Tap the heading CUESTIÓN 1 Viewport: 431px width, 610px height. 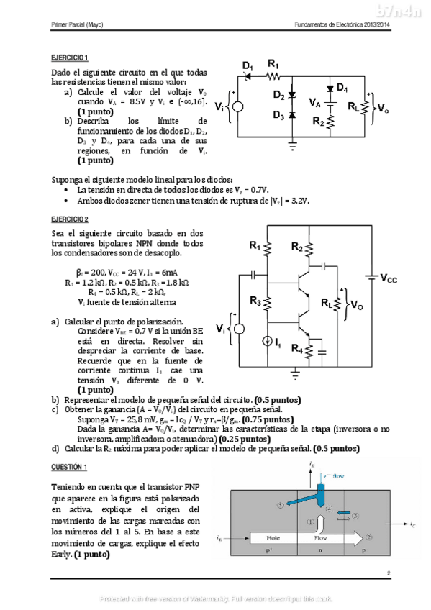tap(69, 467)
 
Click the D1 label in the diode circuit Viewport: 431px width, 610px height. tap(248, 67)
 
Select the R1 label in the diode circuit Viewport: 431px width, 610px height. tap(273, 63)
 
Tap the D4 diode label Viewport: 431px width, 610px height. tap(342, 88)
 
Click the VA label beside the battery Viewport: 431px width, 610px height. tap(314, 103)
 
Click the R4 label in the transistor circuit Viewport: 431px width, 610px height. tap(296, 349)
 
